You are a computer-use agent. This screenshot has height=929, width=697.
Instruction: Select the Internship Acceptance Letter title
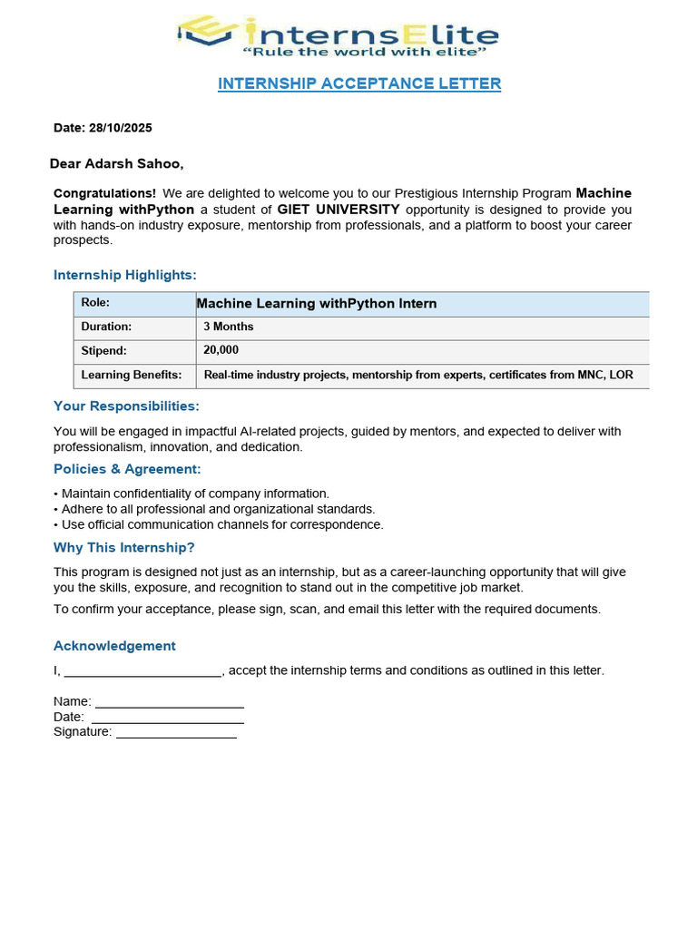tap(359, 83)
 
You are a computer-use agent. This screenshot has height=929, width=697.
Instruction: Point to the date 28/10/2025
tap(121, 129)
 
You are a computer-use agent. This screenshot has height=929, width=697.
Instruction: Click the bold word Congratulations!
tap(104, 193)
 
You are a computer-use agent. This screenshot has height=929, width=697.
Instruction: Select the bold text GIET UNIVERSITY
tap(339, 210)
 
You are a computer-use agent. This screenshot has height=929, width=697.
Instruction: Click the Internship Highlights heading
tap(125, 275)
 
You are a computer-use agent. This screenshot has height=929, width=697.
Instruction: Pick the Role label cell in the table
tap(95, 303)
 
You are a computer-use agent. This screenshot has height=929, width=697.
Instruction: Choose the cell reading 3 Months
tap(229, 327)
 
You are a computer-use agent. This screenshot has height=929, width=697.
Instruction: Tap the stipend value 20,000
tap(221, 350)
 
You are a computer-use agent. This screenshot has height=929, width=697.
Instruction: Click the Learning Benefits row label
tap(132, 375)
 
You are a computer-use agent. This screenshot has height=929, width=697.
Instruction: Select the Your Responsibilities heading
tap(126, 406)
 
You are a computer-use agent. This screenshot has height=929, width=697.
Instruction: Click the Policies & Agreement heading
tap(127, 469)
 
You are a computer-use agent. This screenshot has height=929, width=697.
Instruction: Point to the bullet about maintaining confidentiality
tap(191, 494)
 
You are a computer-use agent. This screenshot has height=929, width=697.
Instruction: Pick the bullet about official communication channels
tap(219, 524)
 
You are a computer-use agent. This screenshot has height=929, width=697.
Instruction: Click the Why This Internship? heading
tap(124, 548)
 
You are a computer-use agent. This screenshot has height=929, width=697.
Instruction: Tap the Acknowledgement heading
tap(114, 646)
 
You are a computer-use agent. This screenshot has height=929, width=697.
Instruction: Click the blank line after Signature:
tap(176, 733)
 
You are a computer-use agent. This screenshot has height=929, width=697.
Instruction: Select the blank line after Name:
tap(170, 702)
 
